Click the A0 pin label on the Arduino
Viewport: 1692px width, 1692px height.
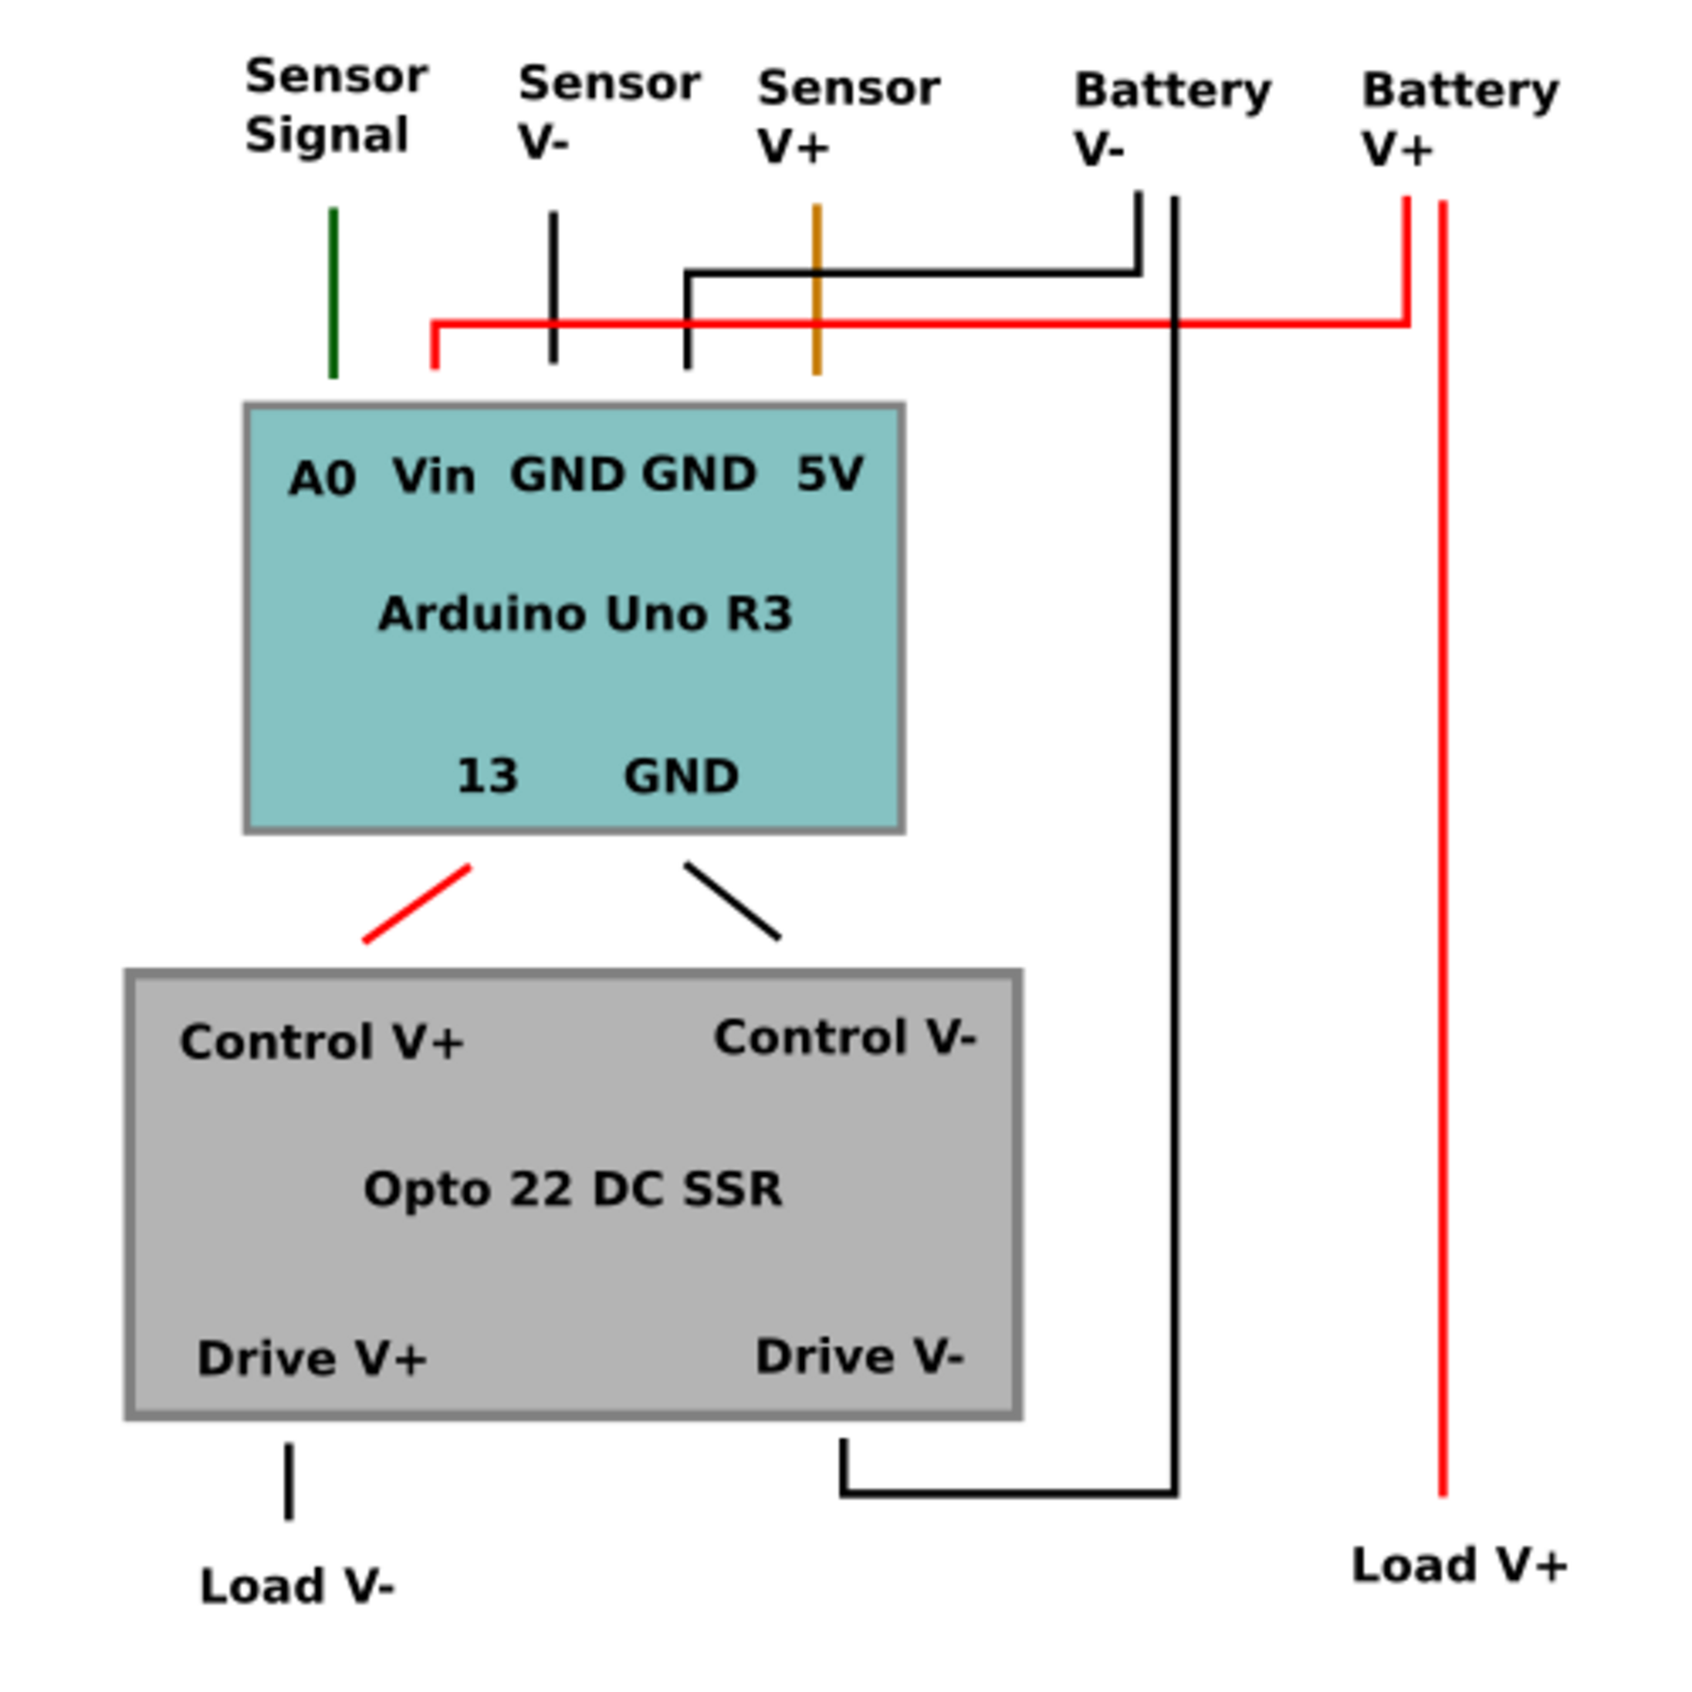coord(322,479)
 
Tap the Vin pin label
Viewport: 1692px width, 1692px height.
coord(435,477)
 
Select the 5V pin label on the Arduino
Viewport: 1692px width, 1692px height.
coord(830,473)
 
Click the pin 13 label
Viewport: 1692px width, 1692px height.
coord(487,776)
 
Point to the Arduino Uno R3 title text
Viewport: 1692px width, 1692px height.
coord(585,613)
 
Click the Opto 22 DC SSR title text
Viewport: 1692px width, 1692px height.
coord(573,1190)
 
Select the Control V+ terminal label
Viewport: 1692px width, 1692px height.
coord(321,1041)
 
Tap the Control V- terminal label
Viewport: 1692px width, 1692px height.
coord(844,1037)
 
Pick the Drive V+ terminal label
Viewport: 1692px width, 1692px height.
coord(311,1358)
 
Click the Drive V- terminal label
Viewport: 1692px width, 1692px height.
coord(859,1357)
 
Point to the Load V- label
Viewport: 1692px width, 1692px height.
coord(297,1586)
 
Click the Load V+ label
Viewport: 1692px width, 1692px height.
coord(1460,1565)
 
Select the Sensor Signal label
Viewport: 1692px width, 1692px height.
coord(336,105)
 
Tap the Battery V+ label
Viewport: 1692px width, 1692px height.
coord(1461,118)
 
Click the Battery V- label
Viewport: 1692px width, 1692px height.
coord(1172,118)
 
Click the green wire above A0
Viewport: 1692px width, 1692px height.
coord(333,292)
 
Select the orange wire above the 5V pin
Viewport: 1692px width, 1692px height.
coord(817,289)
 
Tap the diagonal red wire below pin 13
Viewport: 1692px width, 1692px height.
coord(417,904)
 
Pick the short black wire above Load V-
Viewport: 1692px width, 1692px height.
coord(289,1482)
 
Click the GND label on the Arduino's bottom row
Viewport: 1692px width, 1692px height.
coord(682,776)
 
